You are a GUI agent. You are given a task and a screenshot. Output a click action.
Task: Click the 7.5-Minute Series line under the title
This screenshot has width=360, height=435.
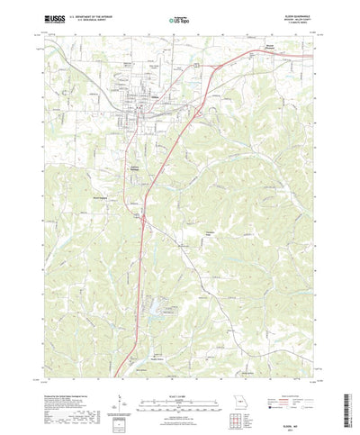pos(283,21)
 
